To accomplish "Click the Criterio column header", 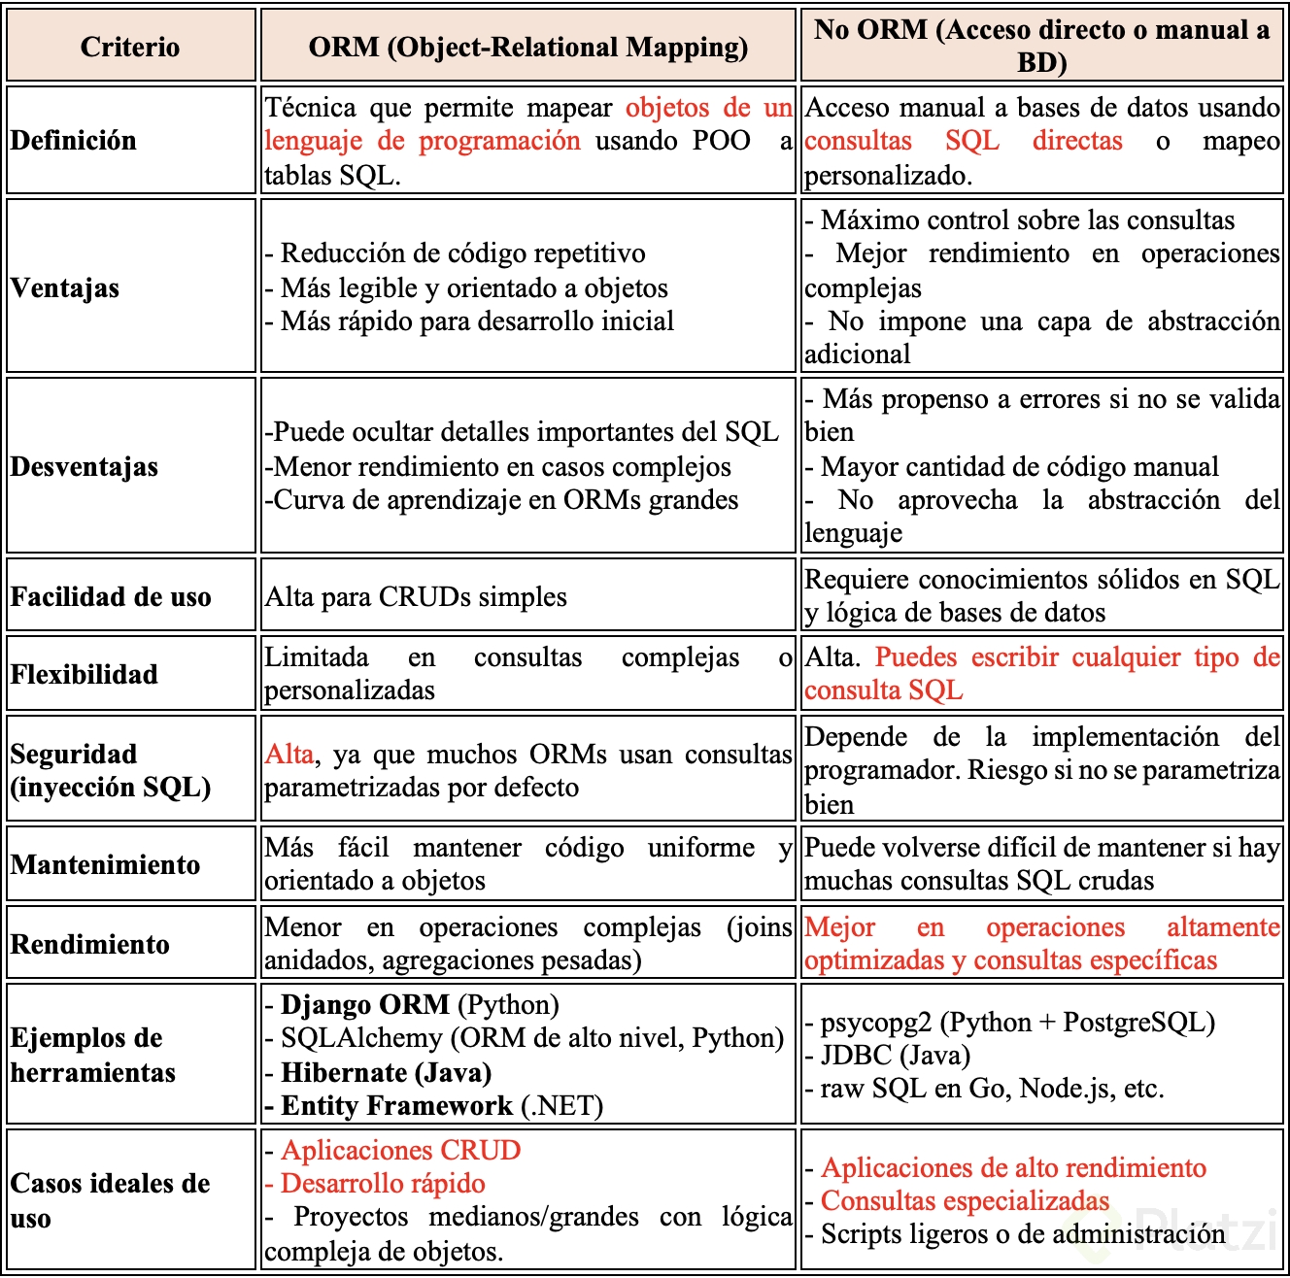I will pyautogui.click(x=130, y=47).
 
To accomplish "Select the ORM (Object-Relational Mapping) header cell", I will pyautogui.click(x=527, y=47).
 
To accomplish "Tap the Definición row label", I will pyautogui.click(x=74, y=141).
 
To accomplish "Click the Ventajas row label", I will pyautogui.click(x=65, y=288).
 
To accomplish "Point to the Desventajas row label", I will pyautogui.click(x=85, y=467).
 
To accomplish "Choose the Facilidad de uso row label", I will pyautogui.click(x=111, y=597).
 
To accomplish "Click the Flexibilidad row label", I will pyautogui.click(x=85, y=674).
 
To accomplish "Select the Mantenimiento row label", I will pyautogui.click(x=106, y=865).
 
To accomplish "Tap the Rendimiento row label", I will pyautogui.click(x=90, y=944).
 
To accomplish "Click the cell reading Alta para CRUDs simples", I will pyautogui.click(x=416, y=597).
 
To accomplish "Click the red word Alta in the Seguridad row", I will pyautogui.click(x=289, y=755).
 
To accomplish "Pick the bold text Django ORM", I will pyautogui.click(x=365, y=1005).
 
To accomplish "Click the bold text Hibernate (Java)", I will pyautogui.click(x=386, y=1073).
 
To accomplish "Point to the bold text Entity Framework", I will pyautogui.click(x=396, y=1106).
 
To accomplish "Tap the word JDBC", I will pyautogui.click(x=856, y=1056).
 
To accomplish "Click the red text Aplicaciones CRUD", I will pyautogui.click(x=401, y=1151).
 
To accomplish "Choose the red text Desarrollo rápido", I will pyautogui.click(x=383, y=1184).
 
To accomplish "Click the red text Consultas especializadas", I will pyautogui.click(x=965, y=1201).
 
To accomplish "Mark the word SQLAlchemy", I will pyautogui.click(x=361, y=1038).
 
